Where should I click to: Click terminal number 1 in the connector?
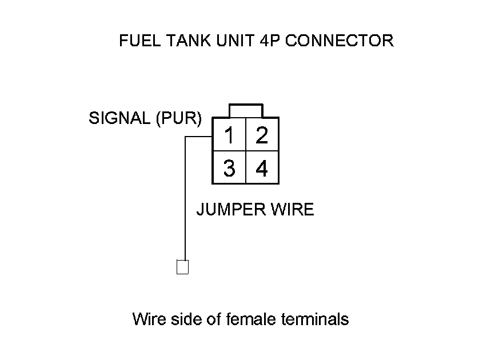(229, 135)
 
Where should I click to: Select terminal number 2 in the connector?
(262, 135)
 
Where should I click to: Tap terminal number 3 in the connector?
(229, 169)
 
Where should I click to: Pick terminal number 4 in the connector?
(262, 169)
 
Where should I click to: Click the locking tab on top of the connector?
(245, 110)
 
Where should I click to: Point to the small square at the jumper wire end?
(182, 267)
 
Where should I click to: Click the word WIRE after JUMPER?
(292, 209)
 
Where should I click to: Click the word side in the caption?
(182, 318)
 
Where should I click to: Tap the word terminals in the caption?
(315, 318)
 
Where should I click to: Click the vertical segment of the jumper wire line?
(185, 200)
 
